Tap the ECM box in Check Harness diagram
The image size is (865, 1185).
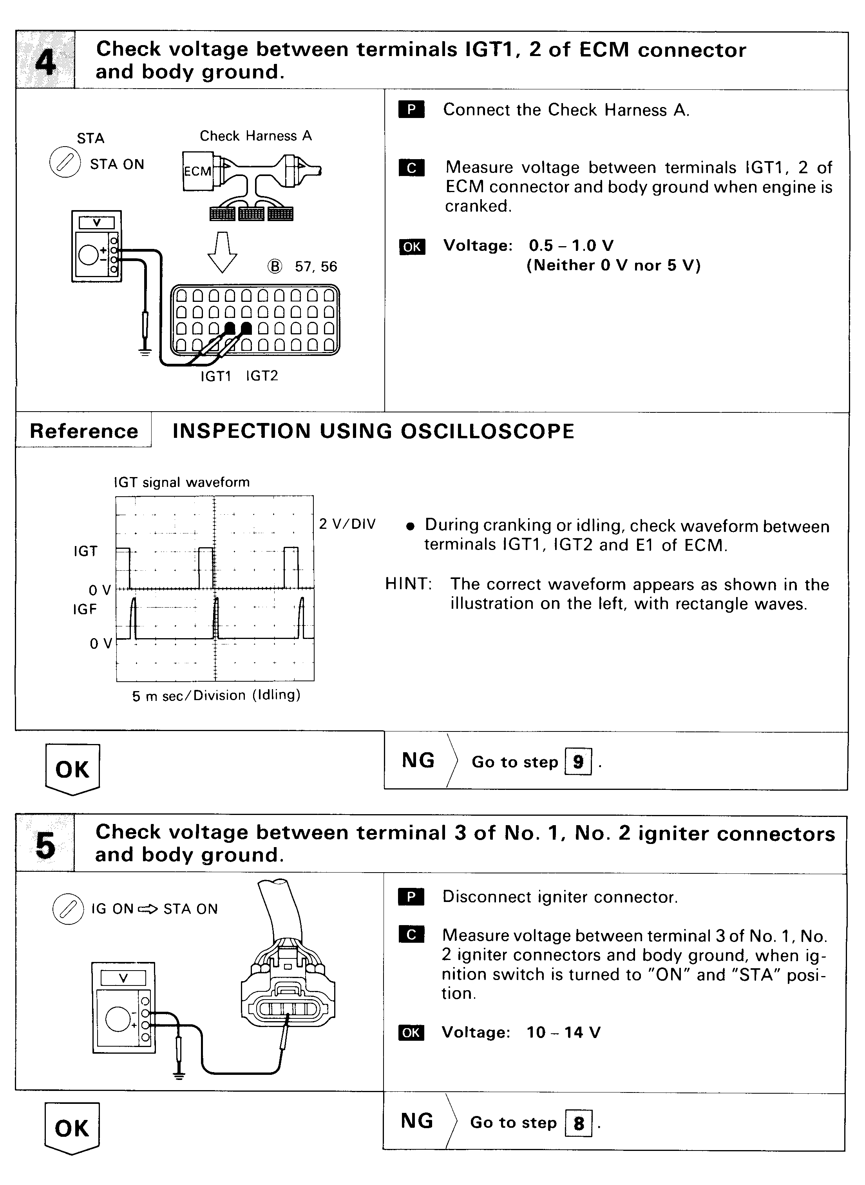(x=197, y=171)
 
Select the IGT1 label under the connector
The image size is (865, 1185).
(x=216, y=376)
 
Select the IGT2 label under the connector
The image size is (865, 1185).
(x=262, y=376)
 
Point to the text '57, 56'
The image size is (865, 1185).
(x=316, y=267)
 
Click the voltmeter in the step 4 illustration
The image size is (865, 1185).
(x=97, y=246)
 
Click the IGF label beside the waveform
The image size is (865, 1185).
(x=85, y=609)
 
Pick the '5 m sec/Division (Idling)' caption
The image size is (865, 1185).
(x=216, y=696)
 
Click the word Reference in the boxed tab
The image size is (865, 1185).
(x=84, y=431)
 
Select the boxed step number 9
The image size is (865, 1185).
(x=578, y=762)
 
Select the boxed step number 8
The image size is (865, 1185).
(x=579, y=1123)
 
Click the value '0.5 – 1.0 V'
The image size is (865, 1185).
(x=571, y=246)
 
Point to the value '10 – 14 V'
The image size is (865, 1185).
(x=563, y=1032)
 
